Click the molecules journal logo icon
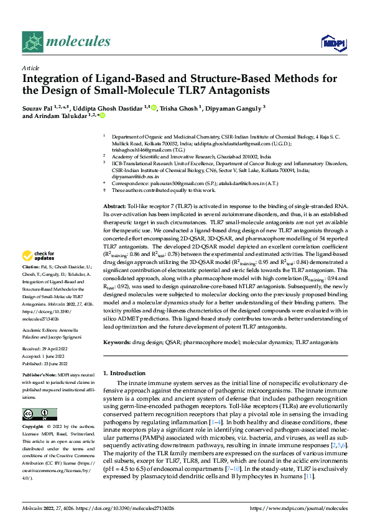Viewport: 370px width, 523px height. coord(33,42)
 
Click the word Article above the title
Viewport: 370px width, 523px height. coord(31,68)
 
